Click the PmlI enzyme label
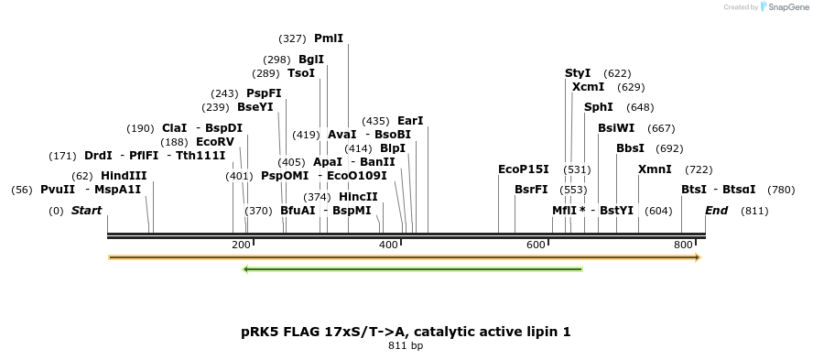pos(329,38)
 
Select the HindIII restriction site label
pos(124,175)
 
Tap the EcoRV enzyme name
pos(215,142)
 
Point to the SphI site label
pos(599,107)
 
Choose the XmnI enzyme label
pos(655,169)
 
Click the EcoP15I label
pos(523,169)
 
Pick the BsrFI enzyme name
pos(531,190)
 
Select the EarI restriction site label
pos(410,121)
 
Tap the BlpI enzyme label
pos(393,148)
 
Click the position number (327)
pos(292,38)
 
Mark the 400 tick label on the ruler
pos(388,245)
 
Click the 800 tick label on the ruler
pos(683,245)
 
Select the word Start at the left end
pos(86,211)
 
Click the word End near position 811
pos(716,211)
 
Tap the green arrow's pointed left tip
pos(244,269)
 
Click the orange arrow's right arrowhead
pos(698,257)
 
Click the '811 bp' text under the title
pos(406,346)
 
